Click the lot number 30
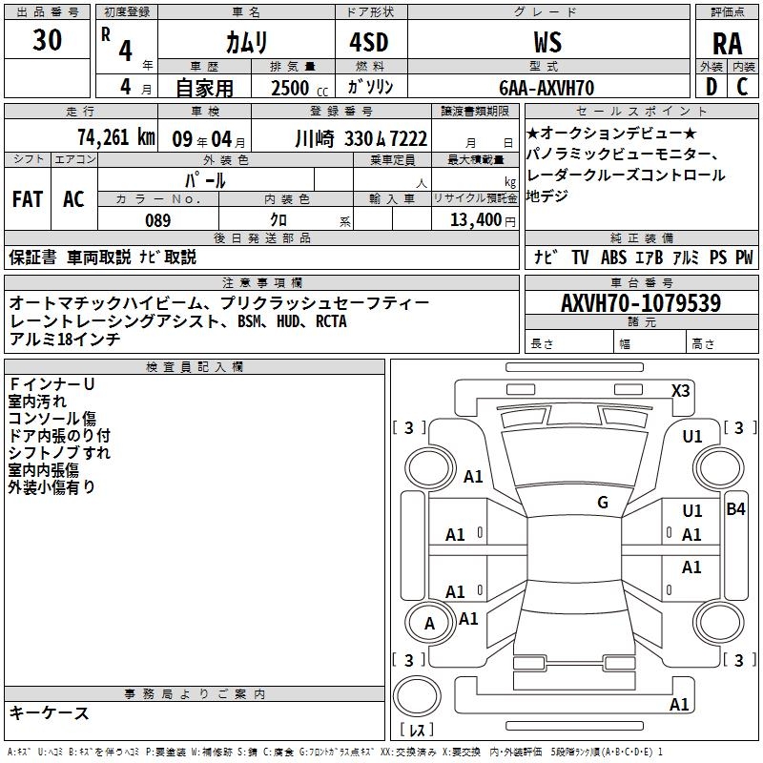[x=48, y=41]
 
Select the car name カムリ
[x=246, y=42]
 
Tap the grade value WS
[x=547, y=42]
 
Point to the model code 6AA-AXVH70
[x=547, y=88]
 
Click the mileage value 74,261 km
[x=115, y=136]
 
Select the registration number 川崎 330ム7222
[x=361, y=137]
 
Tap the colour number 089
[x=157, y=220]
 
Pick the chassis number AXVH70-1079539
[x=640, y=303]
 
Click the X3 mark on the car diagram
[x=681, y=390]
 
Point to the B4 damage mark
[x=735, y=509]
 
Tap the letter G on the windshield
[x=603, y=503]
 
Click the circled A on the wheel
[x=429, y=624]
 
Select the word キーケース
[x=50, y=712]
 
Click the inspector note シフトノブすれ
[x=59, y=452]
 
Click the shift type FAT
[x=27, y=199]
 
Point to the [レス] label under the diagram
[x=417, y=732]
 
